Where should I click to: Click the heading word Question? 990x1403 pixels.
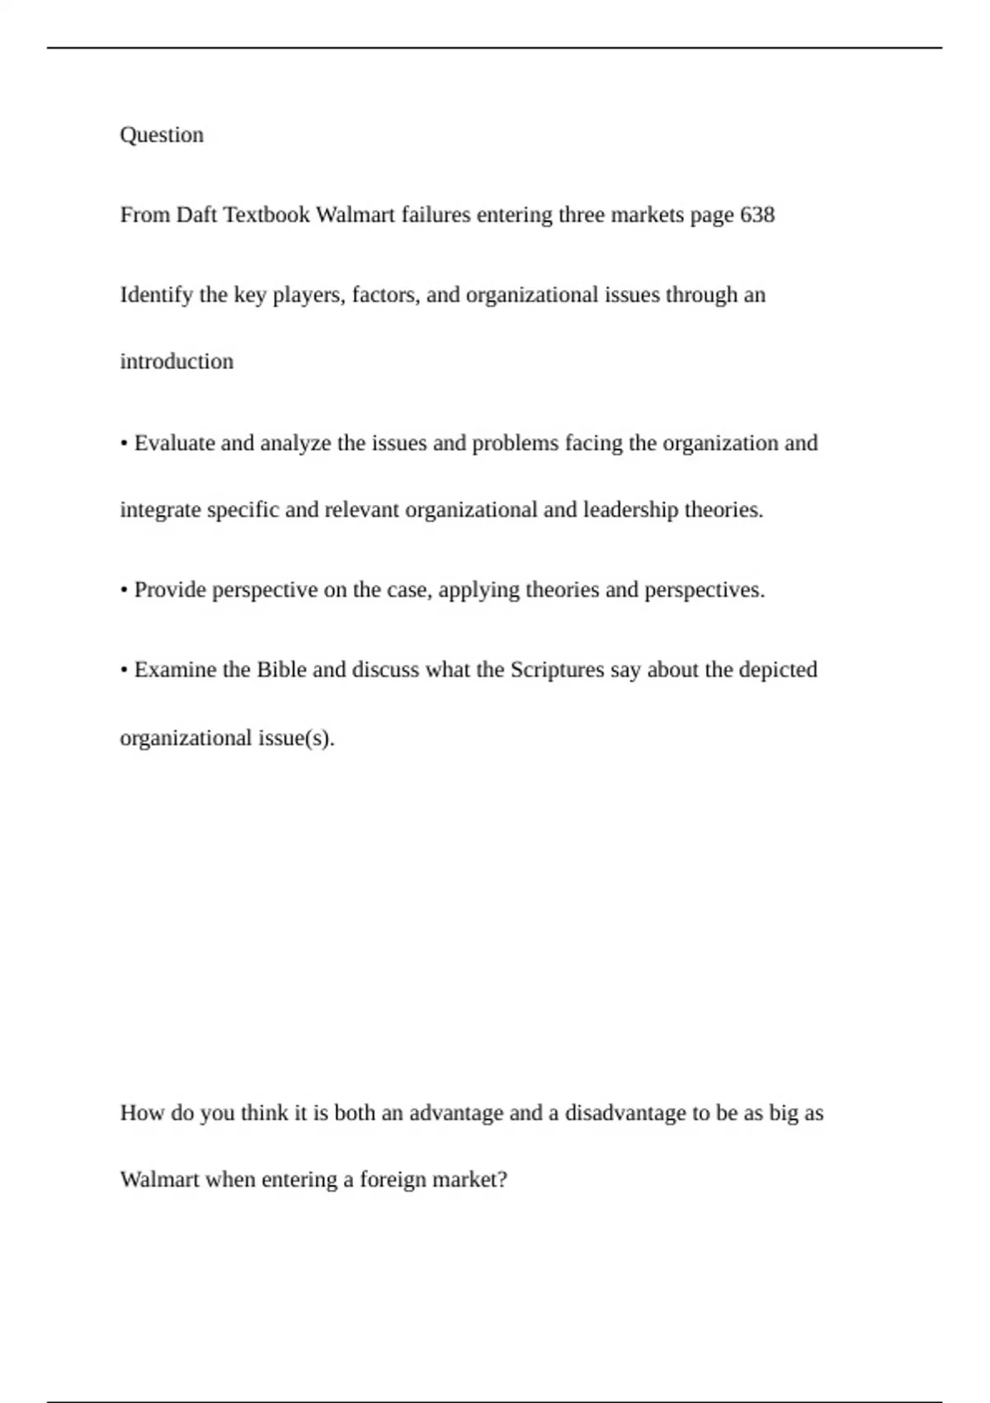click(x=162, y=135)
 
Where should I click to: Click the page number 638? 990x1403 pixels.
click(x=757, y=215)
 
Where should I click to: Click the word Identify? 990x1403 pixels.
click(x=157, y=295)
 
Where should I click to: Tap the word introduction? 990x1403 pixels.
click(x=177, y=361)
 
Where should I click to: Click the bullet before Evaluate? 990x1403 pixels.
click(x=124, y=444)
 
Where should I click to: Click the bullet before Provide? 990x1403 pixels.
click(x=124, y=591)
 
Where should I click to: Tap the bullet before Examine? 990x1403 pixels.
click(x=124, y=670)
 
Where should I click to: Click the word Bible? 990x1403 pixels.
click(x=281, y=669)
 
